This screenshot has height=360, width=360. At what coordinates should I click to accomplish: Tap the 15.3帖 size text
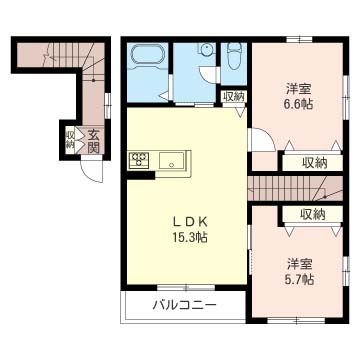[187, 238]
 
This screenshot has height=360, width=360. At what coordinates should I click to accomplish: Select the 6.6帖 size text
[299, 102]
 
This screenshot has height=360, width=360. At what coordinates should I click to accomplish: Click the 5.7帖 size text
[299, 280]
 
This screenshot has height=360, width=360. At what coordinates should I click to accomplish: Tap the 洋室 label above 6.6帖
[299, 86]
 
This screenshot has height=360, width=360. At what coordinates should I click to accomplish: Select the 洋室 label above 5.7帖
[299, 264]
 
